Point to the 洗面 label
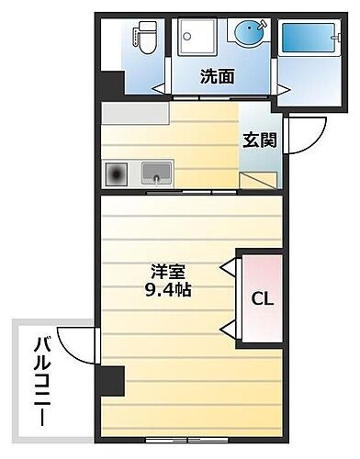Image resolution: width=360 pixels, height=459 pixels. tap(217, 77)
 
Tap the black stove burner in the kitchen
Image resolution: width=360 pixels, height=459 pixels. tap(118, 174)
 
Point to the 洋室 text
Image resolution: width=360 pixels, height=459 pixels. tap(168, 272)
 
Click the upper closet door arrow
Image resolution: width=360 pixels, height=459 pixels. tap(226, 267)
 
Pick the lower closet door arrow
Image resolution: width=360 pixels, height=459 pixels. tap(226, 328)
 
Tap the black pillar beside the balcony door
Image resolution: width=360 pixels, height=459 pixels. tap(112, 378)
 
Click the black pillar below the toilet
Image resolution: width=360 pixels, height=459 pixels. tap(112, 83)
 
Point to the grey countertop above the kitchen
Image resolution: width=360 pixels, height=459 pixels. tap(135, 114)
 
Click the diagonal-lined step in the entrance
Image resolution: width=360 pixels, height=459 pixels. tap(260, 177)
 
